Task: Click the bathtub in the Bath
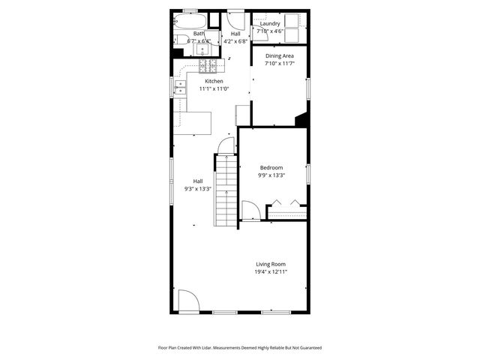click(x=190, y=21)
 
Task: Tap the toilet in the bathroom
click(x=181, y=40)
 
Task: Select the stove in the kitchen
click(x=208, y=66)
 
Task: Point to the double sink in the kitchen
click(x=180, y=87)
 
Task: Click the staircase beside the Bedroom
click(x=226, y=190)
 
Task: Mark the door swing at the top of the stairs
click(x=226, y=145)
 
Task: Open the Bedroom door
click(x=251, y=210)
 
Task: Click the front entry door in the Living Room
click(x=189, y=300)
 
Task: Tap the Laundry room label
click(x=270, y=23)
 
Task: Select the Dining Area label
click(x=280, y=55)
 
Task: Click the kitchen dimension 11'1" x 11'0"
click(x=214, y=89)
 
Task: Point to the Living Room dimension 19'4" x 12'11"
click(x=271, y=271)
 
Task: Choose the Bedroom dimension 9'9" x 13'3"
click(x=271, y=175)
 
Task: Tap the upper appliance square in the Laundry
click(x=292, y=20)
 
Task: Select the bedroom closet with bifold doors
click(x=287, y=211)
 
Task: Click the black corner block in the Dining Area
click(x=301, y=119)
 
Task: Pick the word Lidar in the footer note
click(x=206, y=348)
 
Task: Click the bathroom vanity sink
click(x=202, y=49)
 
